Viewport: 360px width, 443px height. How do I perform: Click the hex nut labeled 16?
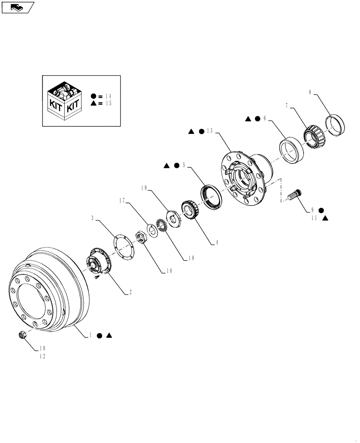tap(141, 238)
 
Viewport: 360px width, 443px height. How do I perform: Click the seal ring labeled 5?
tap(211, 198)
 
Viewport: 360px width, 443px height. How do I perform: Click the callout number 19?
tap(144, 188)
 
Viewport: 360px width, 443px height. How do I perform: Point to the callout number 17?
tap(121, 201)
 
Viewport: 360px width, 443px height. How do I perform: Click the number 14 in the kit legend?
tap(108, 96)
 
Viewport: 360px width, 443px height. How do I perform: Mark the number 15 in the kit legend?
tap(108, 103)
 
